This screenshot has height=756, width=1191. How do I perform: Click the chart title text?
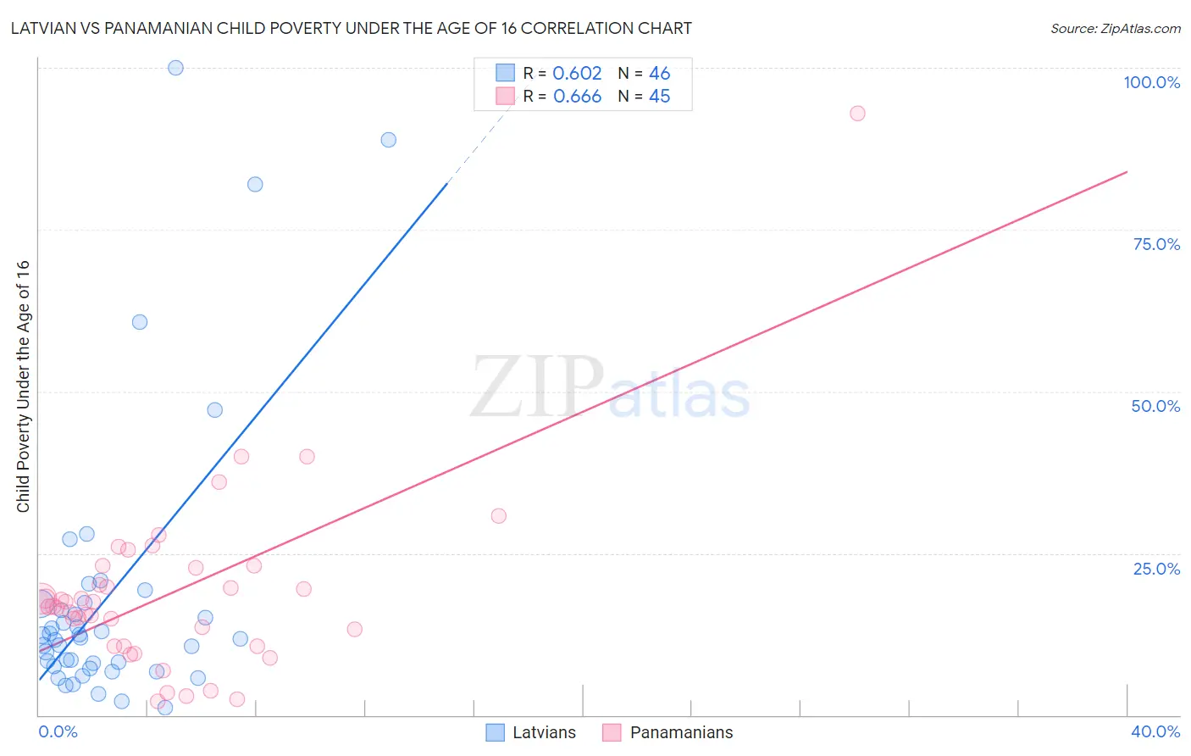click(351, 28)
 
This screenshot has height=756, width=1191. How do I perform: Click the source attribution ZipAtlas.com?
click(1115, 28)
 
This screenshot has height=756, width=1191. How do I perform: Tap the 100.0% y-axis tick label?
click(1151, 82)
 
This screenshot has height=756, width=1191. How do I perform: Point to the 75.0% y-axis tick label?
click(1156, 244)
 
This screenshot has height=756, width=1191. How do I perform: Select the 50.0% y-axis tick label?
click(1155, 406)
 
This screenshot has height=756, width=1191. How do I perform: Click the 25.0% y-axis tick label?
click(1156, 568)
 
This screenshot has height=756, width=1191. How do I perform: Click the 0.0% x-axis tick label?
click(58, 731)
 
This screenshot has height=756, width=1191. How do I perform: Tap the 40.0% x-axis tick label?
click(1155, 731)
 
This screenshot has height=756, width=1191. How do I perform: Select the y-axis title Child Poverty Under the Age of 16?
click(23, 386)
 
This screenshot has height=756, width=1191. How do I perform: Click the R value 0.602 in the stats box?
click(577, 74)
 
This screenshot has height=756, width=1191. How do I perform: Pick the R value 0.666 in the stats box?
click(577, 97)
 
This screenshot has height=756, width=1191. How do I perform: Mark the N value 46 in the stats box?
click(659, 74)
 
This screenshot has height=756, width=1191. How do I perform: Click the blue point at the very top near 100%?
click(175, 68)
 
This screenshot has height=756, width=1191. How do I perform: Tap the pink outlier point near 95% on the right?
click(857, 114)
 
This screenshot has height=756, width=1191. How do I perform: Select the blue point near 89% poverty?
click(388, 140)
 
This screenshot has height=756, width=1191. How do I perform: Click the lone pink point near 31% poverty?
click(498, 516)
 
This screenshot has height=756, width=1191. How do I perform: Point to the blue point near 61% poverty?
click(140, 322)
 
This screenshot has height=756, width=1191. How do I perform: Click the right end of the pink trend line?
click(1127, 172)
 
